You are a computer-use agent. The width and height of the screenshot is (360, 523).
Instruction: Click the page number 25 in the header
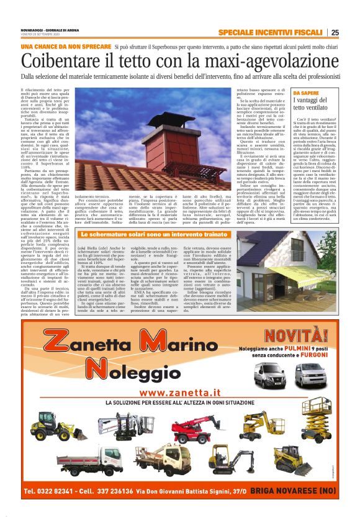335,33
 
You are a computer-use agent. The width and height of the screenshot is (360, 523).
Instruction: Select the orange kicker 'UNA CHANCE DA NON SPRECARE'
65,47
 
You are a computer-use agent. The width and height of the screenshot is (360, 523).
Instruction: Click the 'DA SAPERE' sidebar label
305,93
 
